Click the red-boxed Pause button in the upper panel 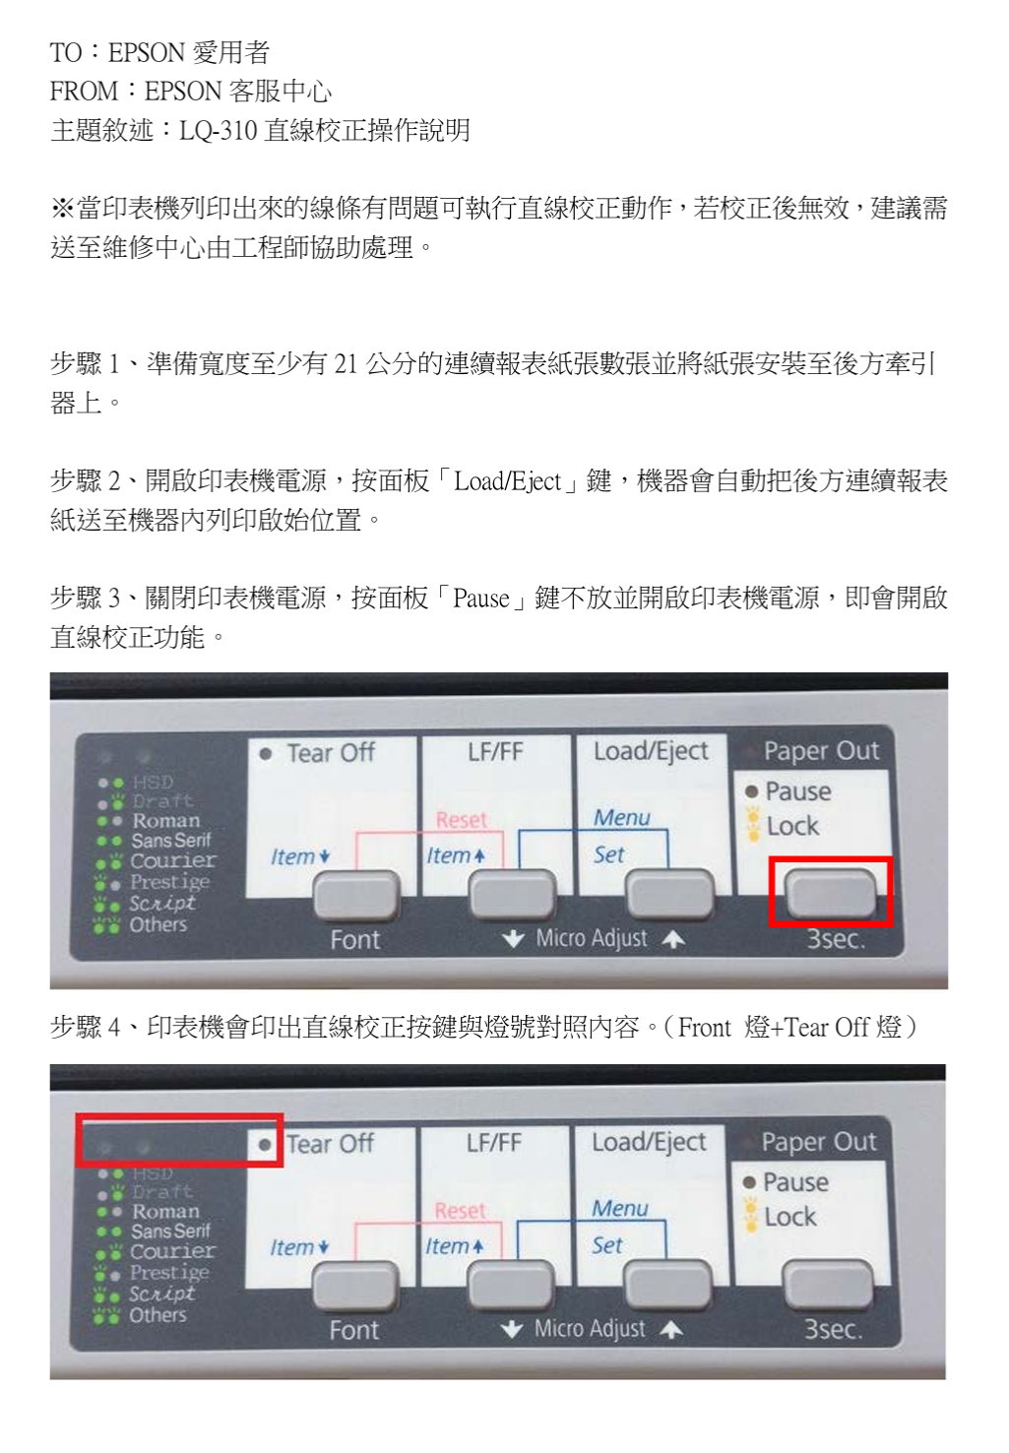point(831,894)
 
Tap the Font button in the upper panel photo point(356,895)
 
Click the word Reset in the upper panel point(461,820)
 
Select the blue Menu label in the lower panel point(620,1209)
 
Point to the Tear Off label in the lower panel point(330,1144)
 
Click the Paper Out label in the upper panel point(822,750)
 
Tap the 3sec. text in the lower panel point(834,1329)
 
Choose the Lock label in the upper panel point(792,826)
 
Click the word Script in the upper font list point(161,904)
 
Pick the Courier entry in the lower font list point(172,1251)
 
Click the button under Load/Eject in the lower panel point(667,1285)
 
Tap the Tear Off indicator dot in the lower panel point(264,1145)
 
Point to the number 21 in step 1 point(347,364)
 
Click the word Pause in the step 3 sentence point(481,599)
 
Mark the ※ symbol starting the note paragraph point(63,209)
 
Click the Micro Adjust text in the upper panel point(592,938)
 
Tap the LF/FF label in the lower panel point(494,1142)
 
